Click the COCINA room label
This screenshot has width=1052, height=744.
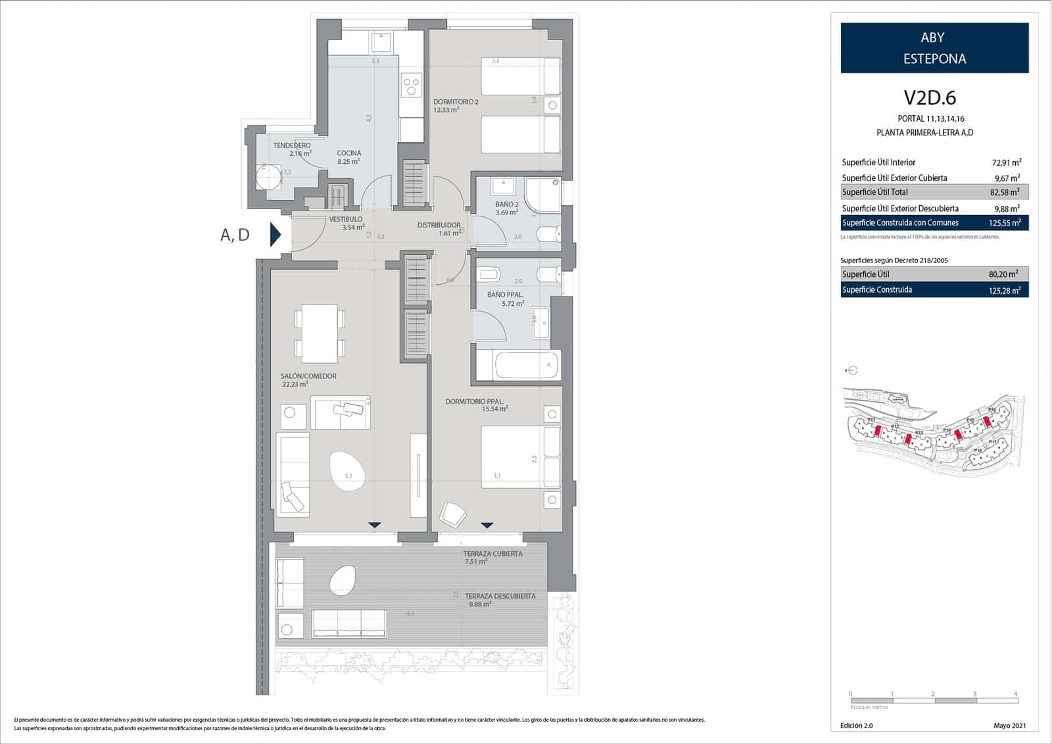click(349, 153)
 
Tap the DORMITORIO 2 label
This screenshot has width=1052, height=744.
click(456, 102)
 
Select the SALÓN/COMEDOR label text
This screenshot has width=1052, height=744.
click(308, 376)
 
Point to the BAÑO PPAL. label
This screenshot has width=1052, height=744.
click(505, 295)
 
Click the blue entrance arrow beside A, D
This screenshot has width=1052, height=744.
click(275, 234)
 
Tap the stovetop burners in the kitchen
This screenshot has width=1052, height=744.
click(412, 87)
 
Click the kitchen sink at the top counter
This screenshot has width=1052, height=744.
click(381, 43)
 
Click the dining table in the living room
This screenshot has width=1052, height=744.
click(320, 333)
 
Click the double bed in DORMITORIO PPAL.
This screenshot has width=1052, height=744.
click(519, 457)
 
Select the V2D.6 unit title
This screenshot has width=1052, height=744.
click(930, 97)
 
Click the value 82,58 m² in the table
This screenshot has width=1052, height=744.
click(1005, 192)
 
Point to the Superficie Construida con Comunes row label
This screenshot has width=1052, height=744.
click(900, 223)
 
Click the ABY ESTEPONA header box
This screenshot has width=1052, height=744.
click(934, 48)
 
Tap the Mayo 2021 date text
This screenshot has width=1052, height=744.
click(1009, 726)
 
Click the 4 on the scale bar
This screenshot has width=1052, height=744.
click(1016, 694)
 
